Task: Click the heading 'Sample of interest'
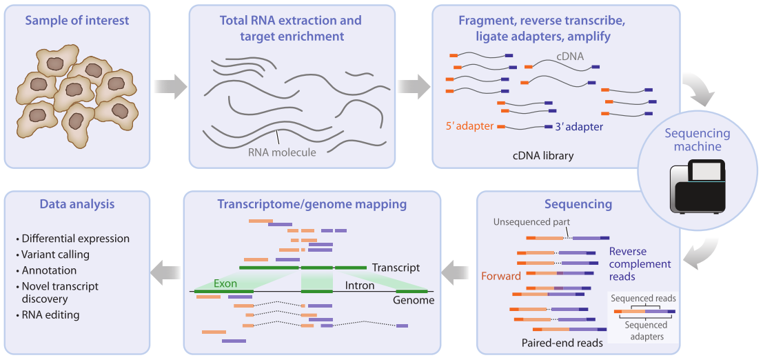[77, 21]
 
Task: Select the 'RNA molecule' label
[282, 152]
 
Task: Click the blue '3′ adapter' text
[579, 127]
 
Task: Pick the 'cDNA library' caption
[543, 156]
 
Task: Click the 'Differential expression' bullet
[75, 239]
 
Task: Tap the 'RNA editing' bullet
[50, 315]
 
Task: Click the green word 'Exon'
[225, 283]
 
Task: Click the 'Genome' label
[414, 300]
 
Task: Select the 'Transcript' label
[396, 268]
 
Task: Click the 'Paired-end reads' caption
[562, 343]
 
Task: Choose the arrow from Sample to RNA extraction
[170, 87]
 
